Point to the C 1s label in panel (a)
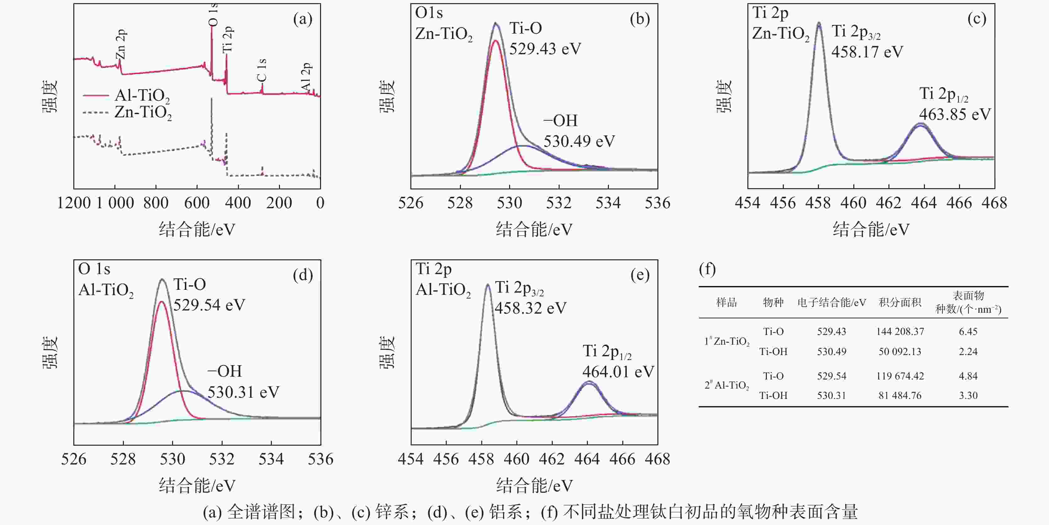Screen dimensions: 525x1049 point(262,70)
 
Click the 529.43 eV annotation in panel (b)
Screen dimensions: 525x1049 point(545,49)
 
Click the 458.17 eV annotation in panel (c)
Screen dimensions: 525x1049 point(867,52)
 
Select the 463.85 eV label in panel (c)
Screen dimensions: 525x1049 point(955,114)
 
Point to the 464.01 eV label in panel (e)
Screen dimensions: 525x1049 point(618,371)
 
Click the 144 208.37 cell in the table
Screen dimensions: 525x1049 point(900,331)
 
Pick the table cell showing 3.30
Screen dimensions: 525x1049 point(968,395)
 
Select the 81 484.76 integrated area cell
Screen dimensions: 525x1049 point(900,395)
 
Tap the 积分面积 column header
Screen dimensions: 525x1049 point(900,302)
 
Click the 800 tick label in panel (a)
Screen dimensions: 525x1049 point(156,203)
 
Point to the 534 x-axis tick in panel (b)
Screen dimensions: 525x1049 point(608,203)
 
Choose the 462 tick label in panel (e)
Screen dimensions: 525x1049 point(552,459)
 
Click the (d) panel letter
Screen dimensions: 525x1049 point(303,275)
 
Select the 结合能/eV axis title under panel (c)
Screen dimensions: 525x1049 point(871,230)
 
